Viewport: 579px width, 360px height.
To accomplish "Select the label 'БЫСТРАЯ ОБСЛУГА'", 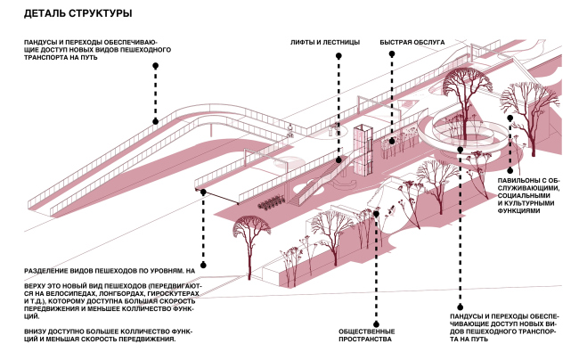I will click(x=408, y=43).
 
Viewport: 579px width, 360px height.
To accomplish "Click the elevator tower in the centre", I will click(x=362, y=151).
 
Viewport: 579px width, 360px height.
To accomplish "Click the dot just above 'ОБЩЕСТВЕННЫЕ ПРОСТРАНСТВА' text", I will click(x=378, y=323).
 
